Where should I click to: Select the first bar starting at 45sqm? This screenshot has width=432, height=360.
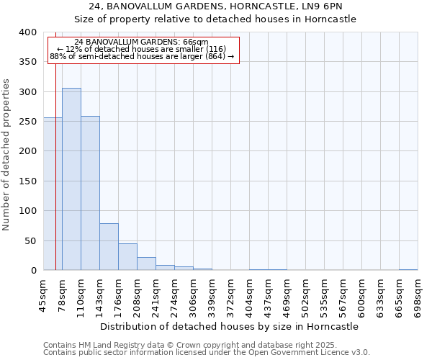pyautogui.click(x=53, y=194)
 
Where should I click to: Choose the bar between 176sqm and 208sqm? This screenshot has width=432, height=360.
pyautogui.click(x=127, y=257)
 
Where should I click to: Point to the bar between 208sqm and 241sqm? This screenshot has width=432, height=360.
pyautogui.click(x=146, y=264)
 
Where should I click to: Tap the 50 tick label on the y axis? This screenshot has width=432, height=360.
pyautogui.click(x=30, y=240)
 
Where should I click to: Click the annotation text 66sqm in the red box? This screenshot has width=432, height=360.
pyautogui.click(x=141, y=42)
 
